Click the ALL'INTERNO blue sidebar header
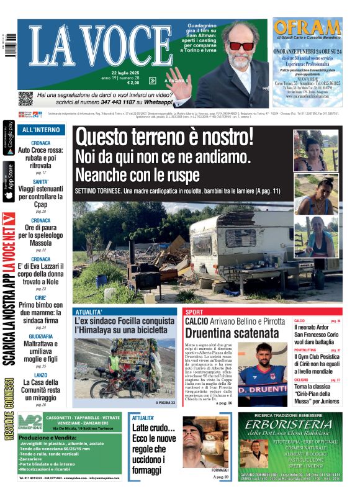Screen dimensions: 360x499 (x=40, y=130)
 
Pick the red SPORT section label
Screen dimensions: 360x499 (x=194, y=312)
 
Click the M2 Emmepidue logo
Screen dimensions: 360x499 (x=30, y=420)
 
